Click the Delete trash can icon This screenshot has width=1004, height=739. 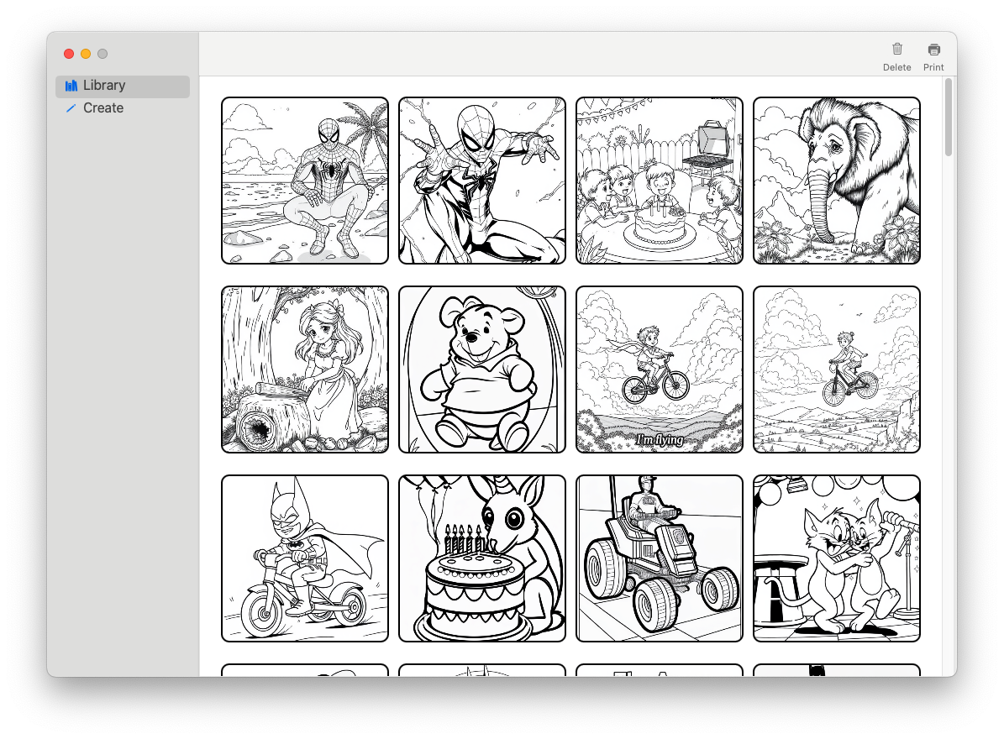point(897,50)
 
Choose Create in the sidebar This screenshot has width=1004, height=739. point(103,108)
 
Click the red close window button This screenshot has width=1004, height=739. point(69,54)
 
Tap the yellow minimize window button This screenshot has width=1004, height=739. point(86,54)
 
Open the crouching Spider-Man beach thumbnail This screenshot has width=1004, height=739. point(305,181)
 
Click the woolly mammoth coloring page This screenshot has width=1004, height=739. point(837,181)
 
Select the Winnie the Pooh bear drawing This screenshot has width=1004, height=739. point(482,369)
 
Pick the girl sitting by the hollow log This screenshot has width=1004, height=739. point(305,369)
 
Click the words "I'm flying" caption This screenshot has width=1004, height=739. point(660,439)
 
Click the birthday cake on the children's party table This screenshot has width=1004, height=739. point(660,227)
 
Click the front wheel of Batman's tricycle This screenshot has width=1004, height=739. point(263,612)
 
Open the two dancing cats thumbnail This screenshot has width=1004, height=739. point(837,558)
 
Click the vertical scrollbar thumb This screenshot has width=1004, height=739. point(949,117)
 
